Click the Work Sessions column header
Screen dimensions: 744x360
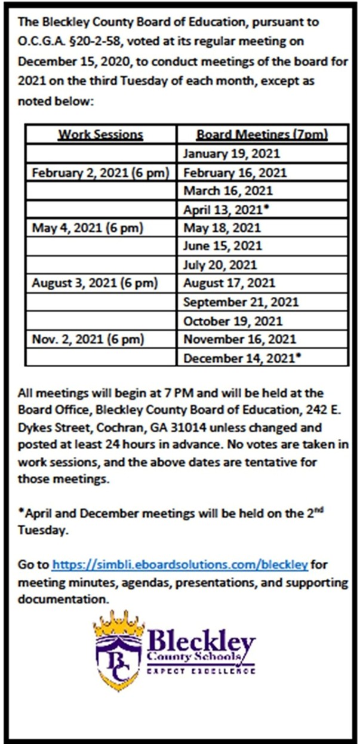coord(100,134)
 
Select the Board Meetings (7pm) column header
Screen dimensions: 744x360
coord(262,134)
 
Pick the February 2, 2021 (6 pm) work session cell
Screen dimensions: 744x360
coord(100,173)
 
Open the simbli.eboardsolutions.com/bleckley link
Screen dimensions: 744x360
coord(180,564)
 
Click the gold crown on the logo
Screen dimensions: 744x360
coord(119,624)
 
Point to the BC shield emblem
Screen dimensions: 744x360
coord(119,660)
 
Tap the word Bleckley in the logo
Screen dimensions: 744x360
coord(201,644)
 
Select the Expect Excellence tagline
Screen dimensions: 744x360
coord(201,671)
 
